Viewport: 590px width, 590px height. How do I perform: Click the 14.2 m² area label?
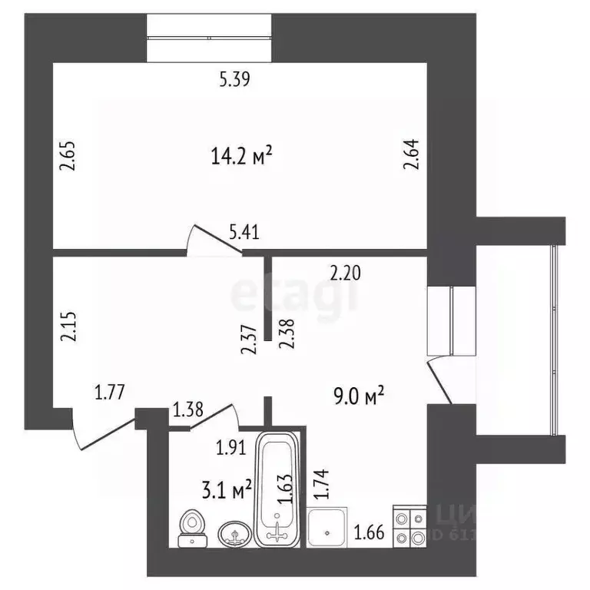242,157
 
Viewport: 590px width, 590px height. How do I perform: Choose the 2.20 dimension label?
345,270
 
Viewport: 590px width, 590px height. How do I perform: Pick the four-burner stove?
409,527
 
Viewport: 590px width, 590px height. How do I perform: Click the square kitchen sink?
328,528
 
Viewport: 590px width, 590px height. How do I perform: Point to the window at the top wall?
210,37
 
